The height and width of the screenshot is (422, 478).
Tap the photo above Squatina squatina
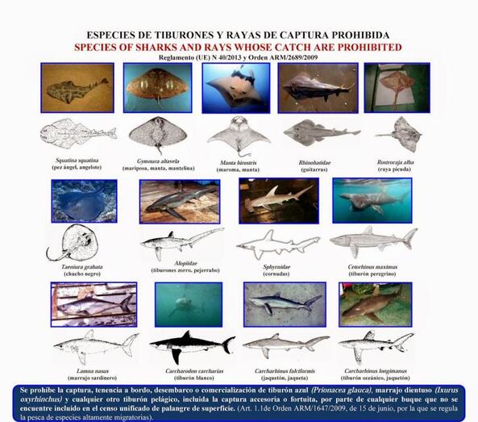[78, 87]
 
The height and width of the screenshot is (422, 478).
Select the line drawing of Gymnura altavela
[157, 133]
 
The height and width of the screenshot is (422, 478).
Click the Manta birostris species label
[239, 162]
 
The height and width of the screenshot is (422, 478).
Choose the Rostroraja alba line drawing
[398, 133]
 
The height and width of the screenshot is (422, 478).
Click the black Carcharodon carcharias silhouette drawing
[192, 345]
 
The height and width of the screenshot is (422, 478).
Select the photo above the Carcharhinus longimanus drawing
[375, 303]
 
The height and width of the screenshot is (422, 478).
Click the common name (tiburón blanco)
[192, 377]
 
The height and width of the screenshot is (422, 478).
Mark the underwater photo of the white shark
[189, 303]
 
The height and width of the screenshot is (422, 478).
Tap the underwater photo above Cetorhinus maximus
[372, 201]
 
